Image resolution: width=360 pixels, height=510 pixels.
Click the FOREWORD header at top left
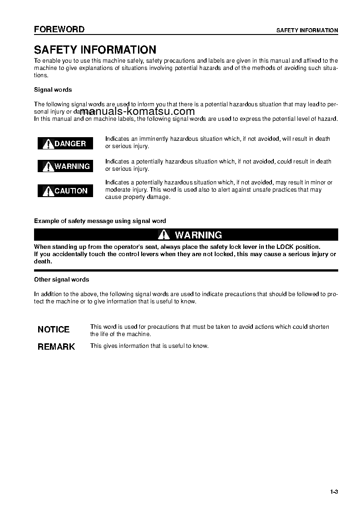(x=59, y=30)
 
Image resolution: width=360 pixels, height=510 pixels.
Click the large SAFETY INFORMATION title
(x=95, y=50)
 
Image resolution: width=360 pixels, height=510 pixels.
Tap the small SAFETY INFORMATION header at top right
(x=307, y=30)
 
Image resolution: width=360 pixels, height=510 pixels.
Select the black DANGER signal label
(x=65, y=144)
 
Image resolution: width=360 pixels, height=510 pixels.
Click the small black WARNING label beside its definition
(x=65, y=166)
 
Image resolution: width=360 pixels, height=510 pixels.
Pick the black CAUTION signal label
(x=65, y=191)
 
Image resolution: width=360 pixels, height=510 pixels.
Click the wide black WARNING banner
(x=186, y=235)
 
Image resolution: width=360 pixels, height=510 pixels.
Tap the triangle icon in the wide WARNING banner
(x=164, y=235)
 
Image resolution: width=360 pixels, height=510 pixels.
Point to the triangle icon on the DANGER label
(x=48, y=144)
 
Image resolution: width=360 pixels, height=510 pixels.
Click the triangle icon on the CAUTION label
(x=48, y=191)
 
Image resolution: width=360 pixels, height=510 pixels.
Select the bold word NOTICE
(x=54, y=329)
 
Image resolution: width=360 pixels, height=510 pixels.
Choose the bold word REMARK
(x=56, y=347)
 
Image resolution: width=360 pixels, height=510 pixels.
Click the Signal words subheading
(x=53, y=90)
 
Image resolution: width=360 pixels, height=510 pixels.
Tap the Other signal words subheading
(x=62, y=280)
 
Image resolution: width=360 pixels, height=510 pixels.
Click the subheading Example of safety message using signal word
(x=100, y=221)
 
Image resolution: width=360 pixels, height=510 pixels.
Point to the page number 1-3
(x=334, y=492)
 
